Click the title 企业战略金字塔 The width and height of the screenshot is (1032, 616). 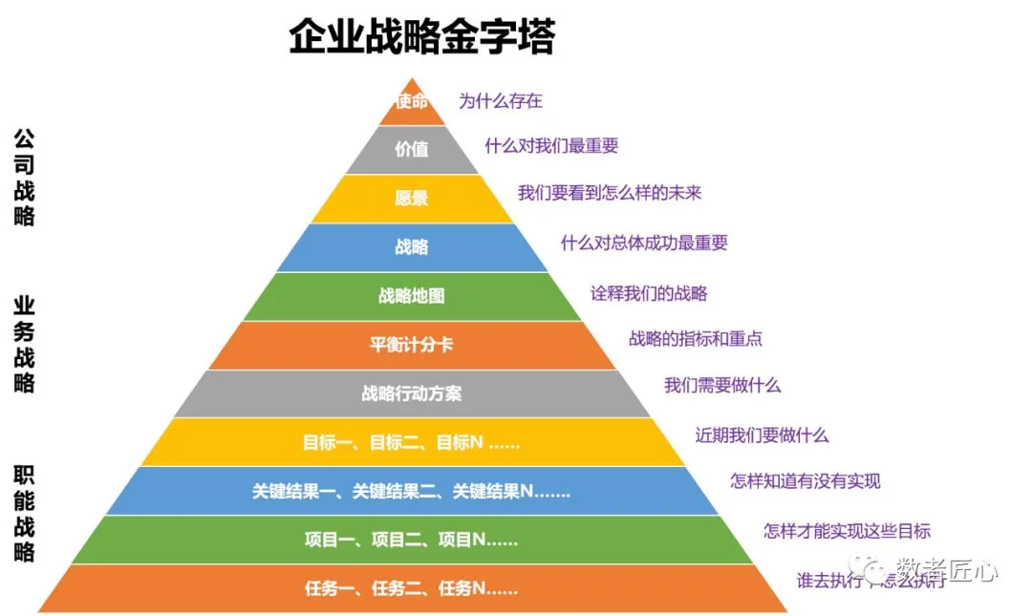click(x=421, y=39)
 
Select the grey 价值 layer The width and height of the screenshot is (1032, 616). click(x=412, y=150)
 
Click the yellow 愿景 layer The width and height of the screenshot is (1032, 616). click(x=412, y=199)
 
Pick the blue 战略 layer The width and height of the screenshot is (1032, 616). click(x=412, y=247)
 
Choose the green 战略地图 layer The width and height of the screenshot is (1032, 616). click(x=412, y=296)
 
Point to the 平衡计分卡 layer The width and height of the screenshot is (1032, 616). click(x=412, y=345)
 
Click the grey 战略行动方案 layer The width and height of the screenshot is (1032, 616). click(x=412, y=393)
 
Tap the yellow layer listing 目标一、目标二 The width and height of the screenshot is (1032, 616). click(x=412, y=442)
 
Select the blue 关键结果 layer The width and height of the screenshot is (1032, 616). click(x=412, y=491)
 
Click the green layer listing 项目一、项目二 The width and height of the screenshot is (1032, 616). click(x=412, y=540)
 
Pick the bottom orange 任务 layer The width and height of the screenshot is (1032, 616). click(x=412, y=588)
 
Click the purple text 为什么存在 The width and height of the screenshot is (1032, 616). click(x=501, y=100)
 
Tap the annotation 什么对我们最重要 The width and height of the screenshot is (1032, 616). click(x=551, y=145)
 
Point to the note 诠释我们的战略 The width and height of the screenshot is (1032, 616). click(x=649, y=293)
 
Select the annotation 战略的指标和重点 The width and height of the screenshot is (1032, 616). click(x=696, y=338)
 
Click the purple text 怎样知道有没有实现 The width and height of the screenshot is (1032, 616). click(x=806, y=481)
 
